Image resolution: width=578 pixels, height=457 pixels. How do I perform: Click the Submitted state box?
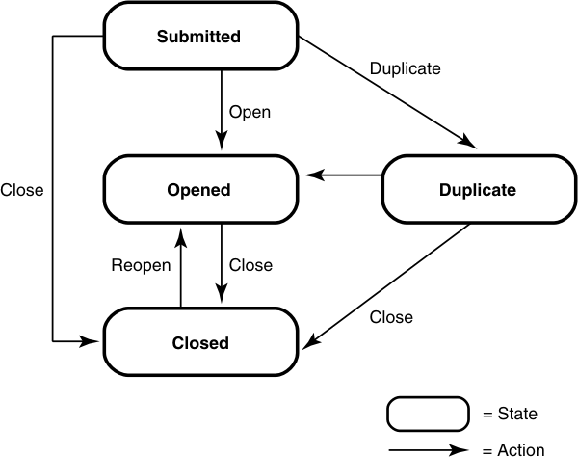pos(198,38)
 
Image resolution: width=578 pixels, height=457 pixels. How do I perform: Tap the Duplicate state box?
pos(477,190)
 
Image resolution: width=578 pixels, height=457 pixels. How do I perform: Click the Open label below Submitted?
pos(249,112)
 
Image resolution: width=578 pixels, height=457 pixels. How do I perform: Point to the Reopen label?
pos(141,265)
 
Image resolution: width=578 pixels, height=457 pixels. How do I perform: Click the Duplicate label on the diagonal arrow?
pos(406,69)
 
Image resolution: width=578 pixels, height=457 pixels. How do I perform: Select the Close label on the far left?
pos(22,190)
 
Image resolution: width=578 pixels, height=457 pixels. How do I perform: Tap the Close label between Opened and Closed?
pos(250,265)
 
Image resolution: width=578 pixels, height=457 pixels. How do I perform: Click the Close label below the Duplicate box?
pos(391,317)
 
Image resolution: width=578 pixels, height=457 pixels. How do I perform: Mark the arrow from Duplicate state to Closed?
pos(385,285)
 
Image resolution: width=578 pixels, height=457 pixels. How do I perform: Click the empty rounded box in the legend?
pos(429,414)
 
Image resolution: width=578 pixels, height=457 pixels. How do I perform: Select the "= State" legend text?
pos(510,415)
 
